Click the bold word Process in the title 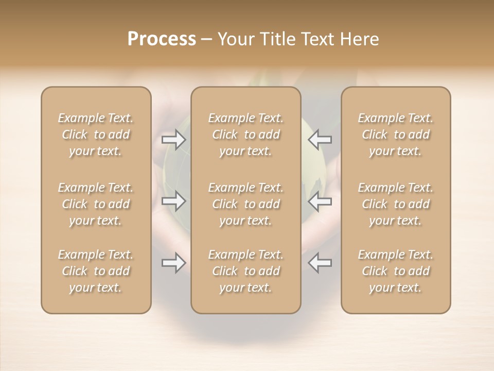coord(162,39)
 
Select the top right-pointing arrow coord(173,140)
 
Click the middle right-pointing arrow coord(173,201)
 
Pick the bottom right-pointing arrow coord(173,263)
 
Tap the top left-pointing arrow coord(320,139)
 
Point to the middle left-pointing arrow coord(320,201)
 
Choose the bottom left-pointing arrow coord(320,263)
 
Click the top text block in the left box coord(96,134)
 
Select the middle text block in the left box coord(96,204)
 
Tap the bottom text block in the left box coord(96,271)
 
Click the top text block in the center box coord(246,134)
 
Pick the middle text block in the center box coord(246,204)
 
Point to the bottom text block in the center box coord(246,271)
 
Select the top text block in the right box coord(396,134)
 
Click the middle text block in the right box coord(396,204)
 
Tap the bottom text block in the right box coord(396,271)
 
